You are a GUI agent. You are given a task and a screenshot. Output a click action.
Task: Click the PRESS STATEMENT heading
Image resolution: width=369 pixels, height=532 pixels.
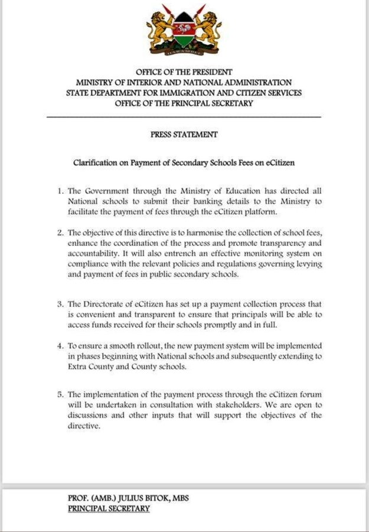coord(184,135)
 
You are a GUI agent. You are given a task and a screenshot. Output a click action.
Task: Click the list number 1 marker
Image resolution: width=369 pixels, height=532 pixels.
coord(60,192)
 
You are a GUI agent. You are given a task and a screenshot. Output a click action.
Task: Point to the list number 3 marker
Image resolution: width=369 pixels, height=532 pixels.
coord(60,304)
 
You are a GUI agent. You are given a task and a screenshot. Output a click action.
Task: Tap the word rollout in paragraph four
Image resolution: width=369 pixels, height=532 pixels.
coord(155,345)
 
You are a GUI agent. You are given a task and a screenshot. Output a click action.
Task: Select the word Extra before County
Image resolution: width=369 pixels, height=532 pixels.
coord(79,366)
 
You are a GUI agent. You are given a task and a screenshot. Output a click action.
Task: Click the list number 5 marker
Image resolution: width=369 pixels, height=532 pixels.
coord(60,394)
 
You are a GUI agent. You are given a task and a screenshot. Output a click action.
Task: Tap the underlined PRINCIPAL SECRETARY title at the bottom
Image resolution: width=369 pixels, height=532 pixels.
coord(109,508)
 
